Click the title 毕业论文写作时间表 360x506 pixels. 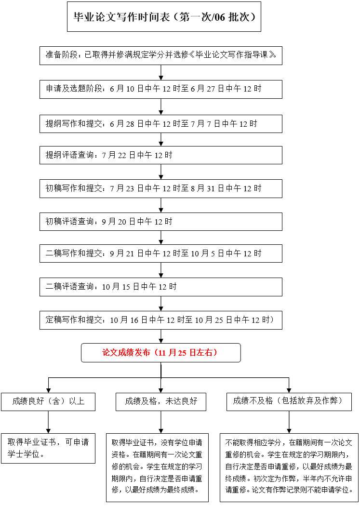pyautogui.click(x=164, y=17)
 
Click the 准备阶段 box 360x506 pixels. pyautogui.click(x=161, y=55)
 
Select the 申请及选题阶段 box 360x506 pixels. pyautogui.click(x=161, y=89)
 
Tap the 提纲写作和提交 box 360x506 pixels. pyautogui.click(x=161, y=124)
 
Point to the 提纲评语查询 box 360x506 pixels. pyautogui.click(x=161, y=155)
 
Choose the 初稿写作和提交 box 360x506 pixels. pyautogui.click(x=161, y=188)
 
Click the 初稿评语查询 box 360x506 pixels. pyautogui.click(x=161, y=222)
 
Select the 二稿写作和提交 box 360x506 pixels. pyautogui.click(x=161, y=253)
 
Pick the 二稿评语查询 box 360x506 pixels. pyautogui.click(x=161, y=287)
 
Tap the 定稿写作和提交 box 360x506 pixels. pyautogui.click(x=161, y=320)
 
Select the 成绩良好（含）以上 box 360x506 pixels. pyautogui.click(x=48, y=401)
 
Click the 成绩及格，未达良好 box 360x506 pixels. pyautogui.click(x=161, y=401)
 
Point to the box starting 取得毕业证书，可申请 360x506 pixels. pyautogui.click(x=48, y=448)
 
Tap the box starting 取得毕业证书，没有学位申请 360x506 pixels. pyautogui.click(x=158, y=467)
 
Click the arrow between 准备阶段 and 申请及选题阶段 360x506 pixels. pyautogui.click(x=161, y=72)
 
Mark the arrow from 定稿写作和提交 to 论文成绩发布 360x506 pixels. pyautogui.click(x=161, y=336)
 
